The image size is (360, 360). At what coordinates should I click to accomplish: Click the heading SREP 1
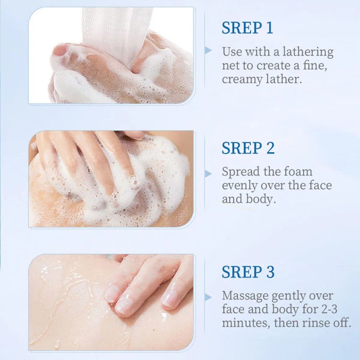coord(247,28)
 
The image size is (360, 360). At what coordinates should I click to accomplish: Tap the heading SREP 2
coord(248,148)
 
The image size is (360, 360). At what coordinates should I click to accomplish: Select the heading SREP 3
coord(248,272)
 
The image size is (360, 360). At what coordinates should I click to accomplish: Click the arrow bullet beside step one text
coord(208,50)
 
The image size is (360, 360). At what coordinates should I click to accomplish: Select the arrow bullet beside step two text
coord(208,173)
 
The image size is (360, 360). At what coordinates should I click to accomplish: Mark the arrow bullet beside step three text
coord(208,297)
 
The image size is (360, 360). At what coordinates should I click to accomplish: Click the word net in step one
coord(230,66)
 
